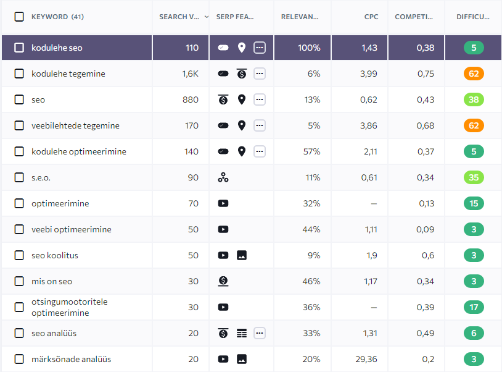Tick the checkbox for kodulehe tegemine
coord(19,74)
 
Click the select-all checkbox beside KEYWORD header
coord(19,17)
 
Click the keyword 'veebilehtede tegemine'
coord(75,125)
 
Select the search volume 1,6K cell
coord(190,74)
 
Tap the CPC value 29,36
coord(368,359)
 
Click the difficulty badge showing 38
coord(474,99)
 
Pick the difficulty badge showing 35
coord(474,177)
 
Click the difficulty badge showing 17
coord(474,307)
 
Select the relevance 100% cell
coord(309,48)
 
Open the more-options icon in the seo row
coord(260,99)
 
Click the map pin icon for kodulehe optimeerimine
coord(242,151)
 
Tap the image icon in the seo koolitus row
coord(242,255)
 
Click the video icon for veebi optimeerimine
coord(223,229)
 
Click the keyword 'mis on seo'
coord(52,281)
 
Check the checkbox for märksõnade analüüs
coord(19,359)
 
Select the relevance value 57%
coord(313,151)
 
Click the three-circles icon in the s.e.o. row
coord(223,177)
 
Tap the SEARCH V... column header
coord(179,17)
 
